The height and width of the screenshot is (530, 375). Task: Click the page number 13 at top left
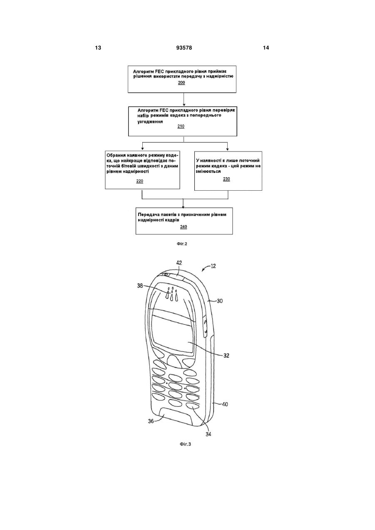[x=98, y=48]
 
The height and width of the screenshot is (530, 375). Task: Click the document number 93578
[x=184, y=48]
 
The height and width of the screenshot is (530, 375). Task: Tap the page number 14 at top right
[x=266, y=48]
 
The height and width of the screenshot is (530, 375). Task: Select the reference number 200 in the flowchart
[x=181, y=82]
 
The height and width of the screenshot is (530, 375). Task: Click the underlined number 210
[x=181, y=126]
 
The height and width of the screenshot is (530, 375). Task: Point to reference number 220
[x=139, y=181]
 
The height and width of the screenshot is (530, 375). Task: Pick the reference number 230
[x=226, y=179]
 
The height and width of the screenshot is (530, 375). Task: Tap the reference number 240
[x=184, y=226]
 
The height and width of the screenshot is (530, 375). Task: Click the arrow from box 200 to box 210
[x=184, y=99]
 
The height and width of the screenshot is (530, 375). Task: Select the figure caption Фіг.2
[x=182, y=244]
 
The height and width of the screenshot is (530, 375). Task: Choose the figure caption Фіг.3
[x=186, y=444]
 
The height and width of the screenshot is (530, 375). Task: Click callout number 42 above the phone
[x=179, y=263]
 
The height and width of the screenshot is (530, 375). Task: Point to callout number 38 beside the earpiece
[x=140, y=286]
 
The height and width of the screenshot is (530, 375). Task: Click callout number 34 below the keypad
[x=208, y=434]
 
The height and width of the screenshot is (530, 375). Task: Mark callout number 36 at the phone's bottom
[x=151, y=421]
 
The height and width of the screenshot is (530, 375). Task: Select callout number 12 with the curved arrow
[x=213, y=266]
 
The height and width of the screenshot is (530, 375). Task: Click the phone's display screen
[x=173, y=333]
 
